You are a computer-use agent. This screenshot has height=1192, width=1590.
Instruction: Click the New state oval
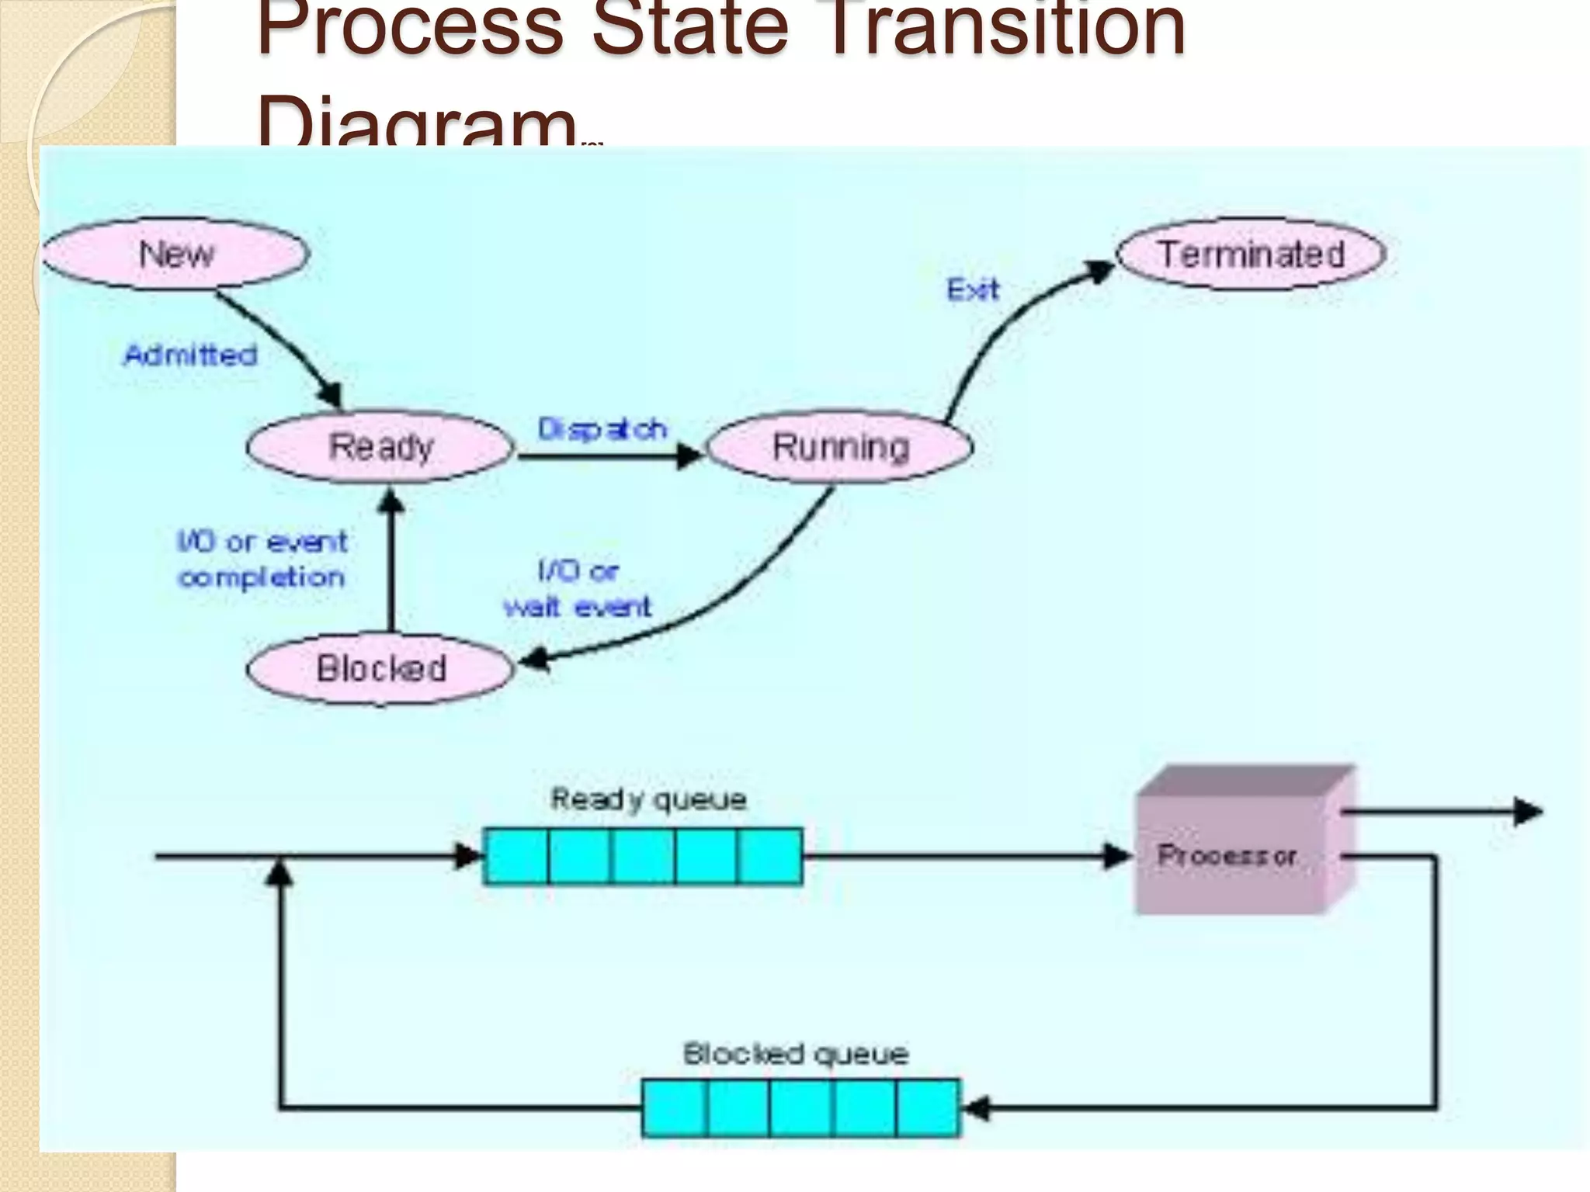pos(175,254)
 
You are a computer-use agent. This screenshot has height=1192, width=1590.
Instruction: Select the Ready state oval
pos(380,447)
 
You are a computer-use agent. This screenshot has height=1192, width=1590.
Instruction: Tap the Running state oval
pos(840,447)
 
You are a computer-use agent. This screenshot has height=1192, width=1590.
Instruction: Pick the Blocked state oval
pos(380,668)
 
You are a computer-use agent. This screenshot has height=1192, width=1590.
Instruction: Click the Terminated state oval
pos(1251,254)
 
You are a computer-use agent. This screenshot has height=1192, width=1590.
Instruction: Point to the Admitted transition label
pos(190,355)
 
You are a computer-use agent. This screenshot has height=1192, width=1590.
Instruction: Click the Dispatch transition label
pos(602,428)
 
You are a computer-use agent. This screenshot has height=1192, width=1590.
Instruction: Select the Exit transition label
pos(973,289)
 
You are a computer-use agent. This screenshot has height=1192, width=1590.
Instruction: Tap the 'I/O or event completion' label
pos(262,559)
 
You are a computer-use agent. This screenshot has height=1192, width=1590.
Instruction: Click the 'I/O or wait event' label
pos(578,589)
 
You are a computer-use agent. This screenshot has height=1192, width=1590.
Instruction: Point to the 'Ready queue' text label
pos(648,799)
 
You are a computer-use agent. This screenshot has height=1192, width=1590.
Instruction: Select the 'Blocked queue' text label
pos(795,1054)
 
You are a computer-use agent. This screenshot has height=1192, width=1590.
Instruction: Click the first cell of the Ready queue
pos(516,856)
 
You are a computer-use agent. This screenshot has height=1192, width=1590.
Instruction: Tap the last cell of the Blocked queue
pos(928,1107)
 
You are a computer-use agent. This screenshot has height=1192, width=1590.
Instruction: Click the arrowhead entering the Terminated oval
pos(1099,271)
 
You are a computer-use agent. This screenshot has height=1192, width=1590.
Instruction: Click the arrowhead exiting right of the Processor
pos(1528,812)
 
